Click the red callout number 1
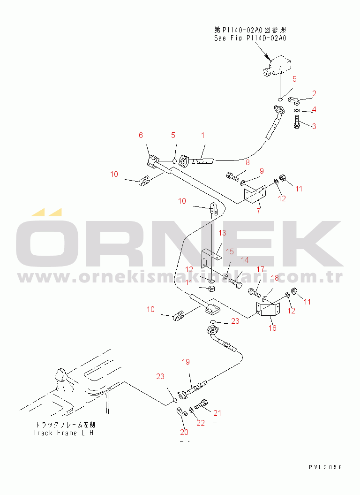click(203, 136)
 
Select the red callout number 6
click(141, 136)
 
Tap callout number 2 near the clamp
click(314, 93)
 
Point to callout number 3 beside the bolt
click(314, 126)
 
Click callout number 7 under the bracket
click(259, 211)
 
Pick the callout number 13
click(222, 233)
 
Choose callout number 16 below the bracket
click(273, 328)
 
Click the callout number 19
click(186, 362)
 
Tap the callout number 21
click(217, 413)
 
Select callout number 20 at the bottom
click(184, 432)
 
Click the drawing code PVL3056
click(326, 467)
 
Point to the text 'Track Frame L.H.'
click(64, 433)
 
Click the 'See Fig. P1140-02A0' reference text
click(250, 38)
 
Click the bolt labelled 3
click(297, 122)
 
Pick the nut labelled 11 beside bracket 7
click(283, 178)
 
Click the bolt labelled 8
click(233, 176)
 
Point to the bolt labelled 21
click(201, 404)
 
